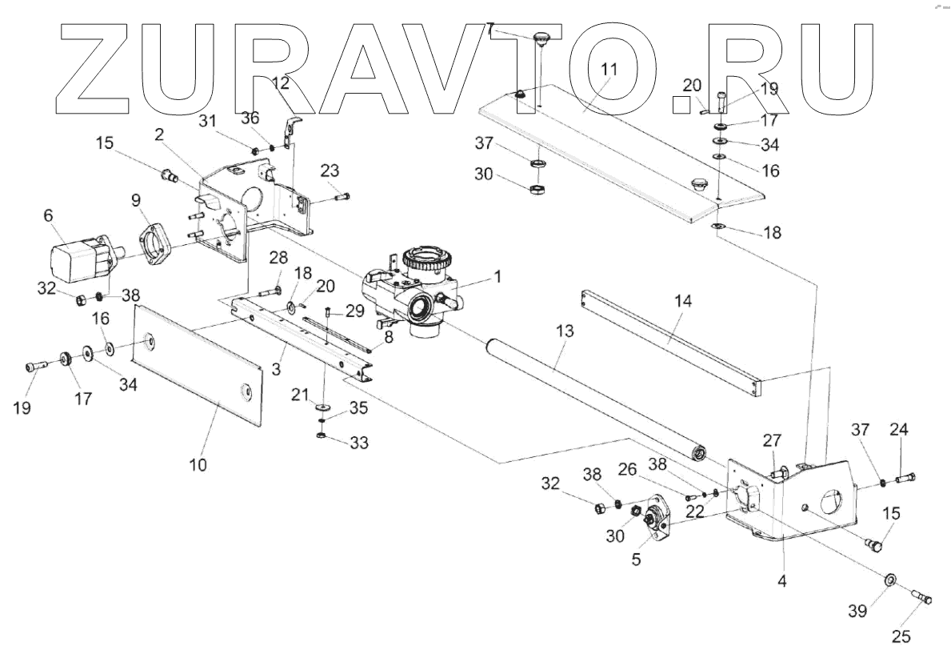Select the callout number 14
[x=682, y=302]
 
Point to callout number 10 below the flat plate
[x=198, y=464]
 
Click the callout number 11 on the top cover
[x=609, y=69]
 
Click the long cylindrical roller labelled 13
[x=592, y=396]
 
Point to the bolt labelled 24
[x=903, y=479]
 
